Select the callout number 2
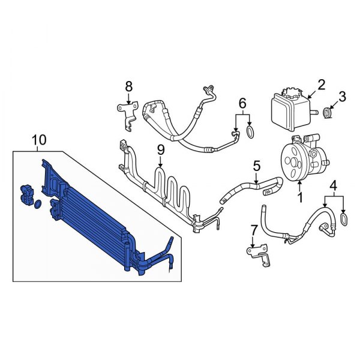321,85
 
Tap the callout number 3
343,95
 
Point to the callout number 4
334,185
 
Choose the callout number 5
256,164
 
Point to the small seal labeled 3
328,112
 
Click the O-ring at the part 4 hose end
343,220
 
